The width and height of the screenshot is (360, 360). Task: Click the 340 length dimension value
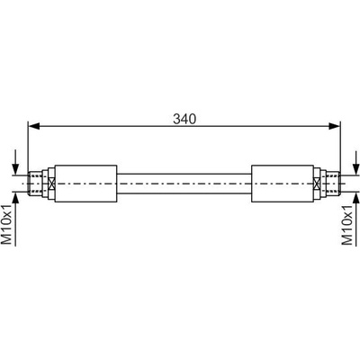184,119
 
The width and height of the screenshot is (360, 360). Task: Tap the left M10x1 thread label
7,224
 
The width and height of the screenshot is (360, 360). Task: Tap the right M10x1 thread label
347,224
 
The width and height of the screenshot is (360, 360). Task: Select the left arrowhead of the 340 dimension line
34,126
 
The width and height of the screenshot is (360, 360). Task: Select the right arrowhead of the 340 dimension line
334,126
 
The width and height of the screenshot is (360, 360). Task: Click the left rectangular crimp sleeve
85,184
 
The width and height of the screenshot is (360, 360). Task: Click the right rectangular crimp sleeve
282,184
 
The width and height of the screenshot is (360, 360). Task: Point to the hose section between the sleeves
184,184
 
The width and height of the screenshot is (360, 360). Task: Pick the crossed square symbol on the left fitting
51,184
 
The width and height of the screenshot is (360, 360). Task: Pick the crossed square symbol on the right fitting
317,184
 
